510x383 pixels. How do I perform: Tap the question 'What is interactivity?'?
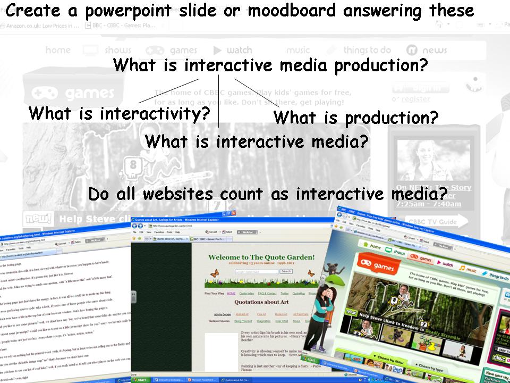(120, 113)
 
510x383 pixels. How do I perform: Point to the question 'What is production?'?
(355, 117)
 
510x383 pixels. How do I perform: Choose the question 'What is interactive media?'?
(257, 141)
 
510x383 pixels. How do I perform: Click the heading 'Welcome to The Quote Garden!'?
(261, 257)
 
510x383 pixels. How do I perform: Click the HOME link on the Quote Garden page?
(231, 293)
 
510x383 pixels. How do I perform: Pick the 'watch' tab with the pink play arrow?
(445, 263)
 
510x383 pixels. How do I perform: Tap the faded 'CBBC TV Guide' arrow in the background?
(431, 222)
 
